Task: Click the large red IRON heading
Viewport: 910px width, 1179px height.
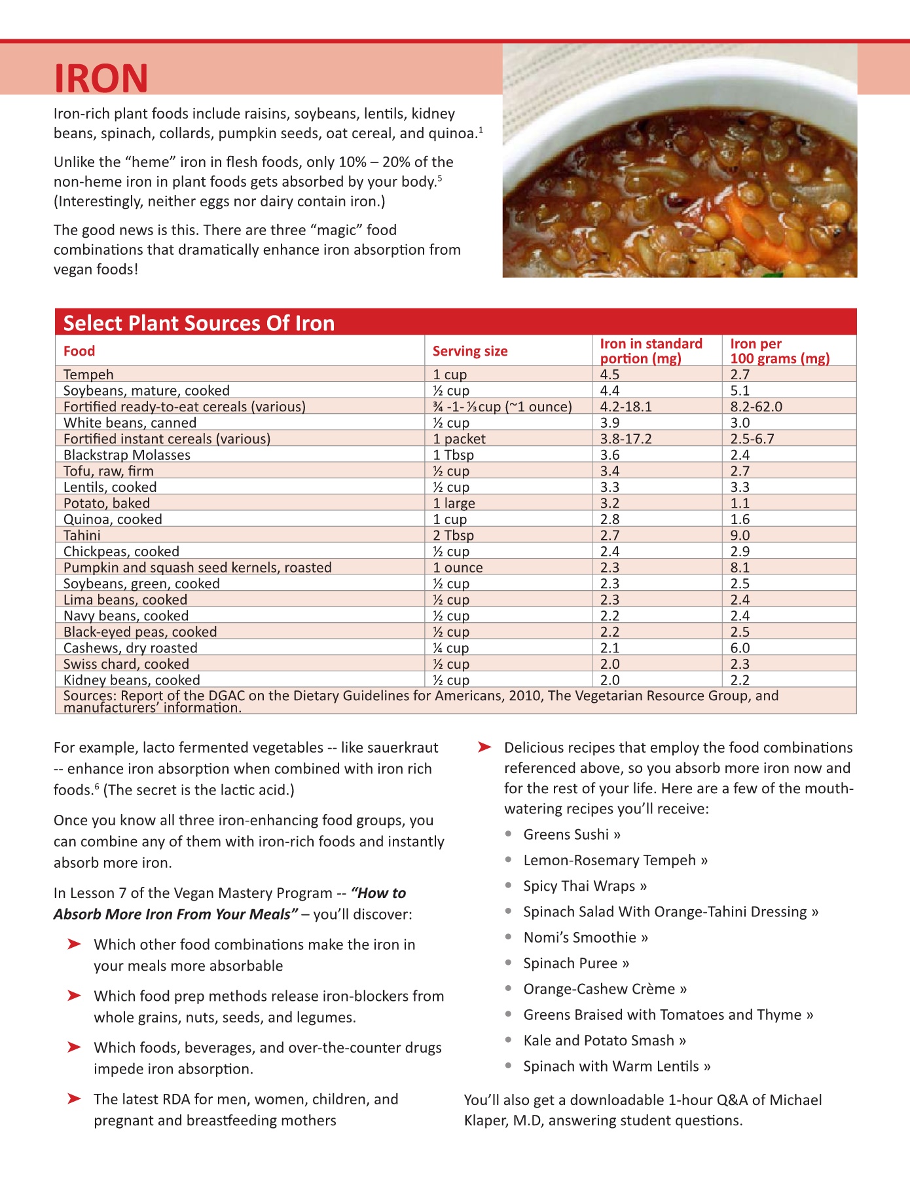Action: (101, 79)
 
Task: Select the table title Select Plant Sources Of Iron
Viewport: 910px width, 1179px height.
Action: (198, 323)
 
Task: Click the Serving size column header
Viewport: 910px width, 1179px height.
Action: (469, 351)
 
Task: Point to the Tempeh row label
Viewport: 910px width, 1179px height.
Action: (88, 375)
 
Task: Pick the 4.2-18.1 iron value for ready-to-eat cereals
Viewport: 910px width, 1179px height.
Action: (625, 407)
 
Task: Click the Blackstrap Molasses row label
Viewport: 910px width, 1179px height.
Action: (126, 455)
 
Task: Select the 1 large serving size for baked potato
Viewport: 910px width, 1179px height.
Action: (454, 503)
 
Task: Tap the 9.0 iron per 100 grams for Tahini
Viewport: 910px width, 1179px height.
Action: (740, 535)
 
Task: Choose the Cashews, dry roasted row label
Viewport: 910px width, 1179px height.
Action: (130, 648)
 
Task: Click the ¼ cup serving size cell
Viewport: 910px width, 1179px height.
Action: (450, 648)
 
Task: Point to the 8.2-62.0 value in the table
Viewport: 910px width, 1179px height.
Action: (756, 407)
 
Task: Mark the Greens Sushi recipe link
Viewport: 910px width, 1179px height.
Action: (572, 834)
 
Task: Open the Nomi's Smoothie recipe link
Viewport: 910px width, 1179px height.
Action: (585, 937)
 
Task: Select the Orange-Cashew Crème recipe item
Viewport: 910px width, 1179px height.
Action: (604, 989)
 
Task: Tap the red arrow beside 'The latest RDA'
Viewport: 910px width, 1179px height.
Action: (75, 1099)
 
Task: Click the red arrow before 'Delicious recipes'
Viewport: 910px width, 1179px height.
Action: (484, 747)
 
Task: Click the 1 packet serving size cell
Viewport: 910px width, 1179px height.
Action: (459, 439)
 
